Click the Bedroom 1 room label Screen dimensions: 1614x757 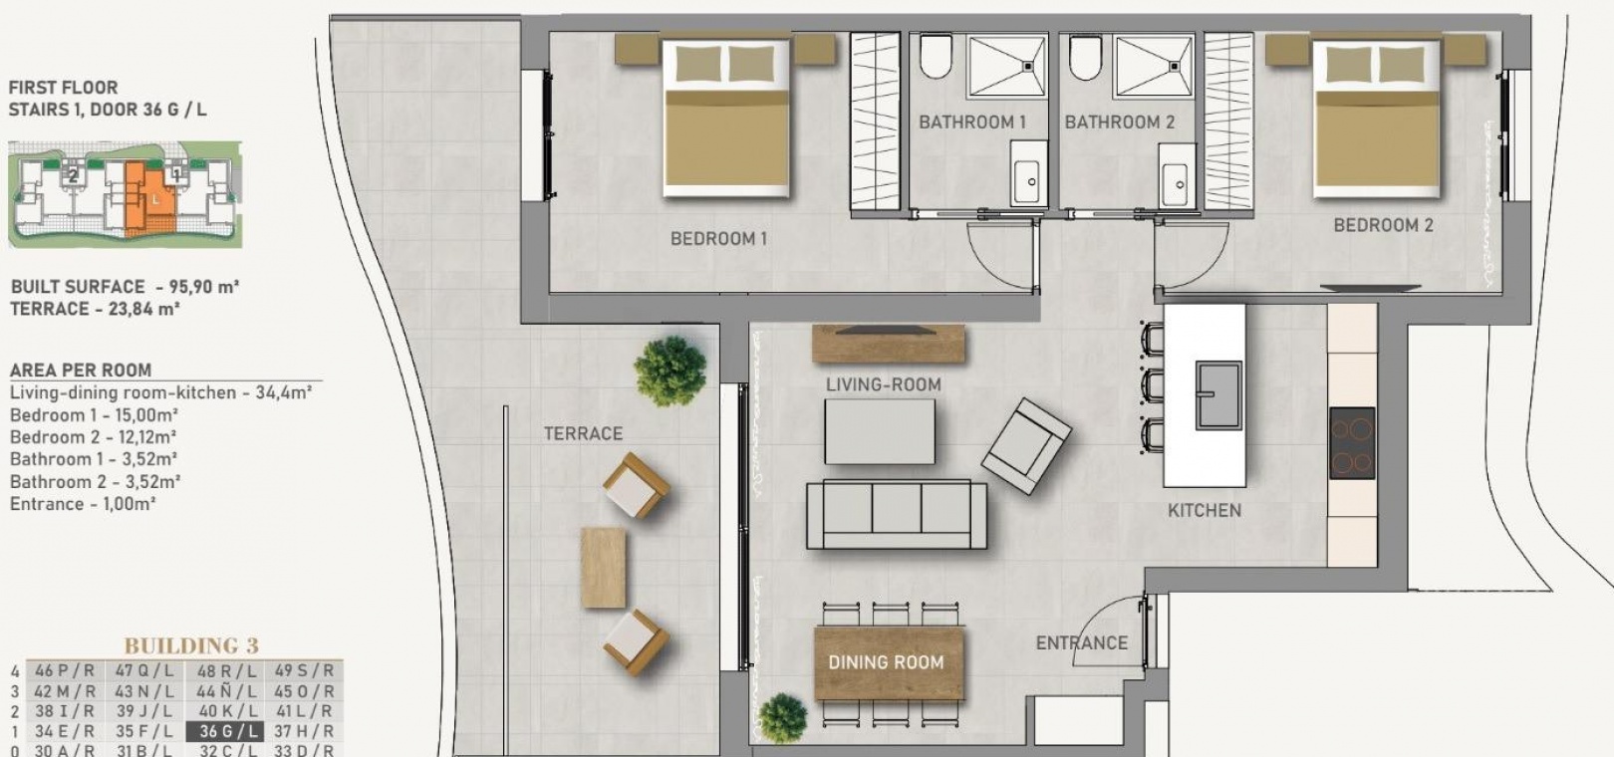click(x=718, y=238)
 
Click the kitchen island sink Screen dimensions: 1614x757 click(x=1218, y=394)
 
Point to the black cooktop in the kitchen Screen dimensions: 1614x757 click(x=1352, y=443)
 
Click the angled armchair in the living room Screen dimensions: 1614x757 click(x=1026, y=446)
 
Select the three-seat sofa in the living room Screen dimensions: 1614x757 click(x=897, y=515)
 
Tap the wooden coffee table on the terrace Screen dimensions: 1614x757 click(x=603, y=568)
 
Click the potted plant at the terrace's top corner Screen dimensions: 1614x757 click(x=670, y=371)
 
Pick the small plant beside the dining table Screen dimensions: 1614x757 click(x=782, y=717)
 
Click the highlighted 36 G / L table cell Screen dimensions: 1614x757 click(x=225, y=731)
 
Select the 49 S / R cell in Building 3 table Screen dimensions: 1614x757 click(x=304, y=670)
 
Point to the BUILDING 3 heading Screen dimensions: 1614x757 click(x=191, y=645)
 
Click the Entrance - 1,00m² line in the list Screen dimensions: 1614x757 click(x=83, y=503)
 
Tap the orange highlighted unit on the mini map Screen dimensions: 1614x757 click(x=147, y=198)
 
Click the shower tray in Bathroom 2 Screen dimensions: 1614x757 click(x=1153, y=66)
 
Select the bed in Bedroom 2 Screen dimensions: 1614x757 click(x=1376, y=119)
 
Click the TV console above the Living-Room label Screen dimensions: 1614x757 click(x=888, y=344)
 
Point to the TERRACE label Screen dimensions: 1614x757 click(x=583, y=433)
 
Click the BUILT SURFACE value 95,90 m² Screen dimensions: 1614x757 click(x=204, y=287)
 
